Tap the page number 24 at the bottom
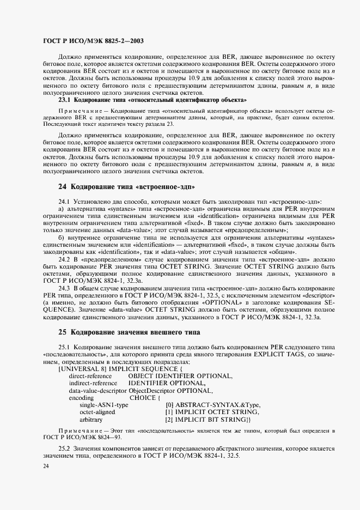46,466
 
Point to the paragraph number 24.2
65,260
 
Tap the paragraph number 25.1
65,347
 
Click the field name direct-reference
93,376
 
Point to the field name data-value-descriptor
97,390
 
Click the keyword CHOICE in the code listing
142,397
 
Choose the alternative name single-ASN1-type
104,405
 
